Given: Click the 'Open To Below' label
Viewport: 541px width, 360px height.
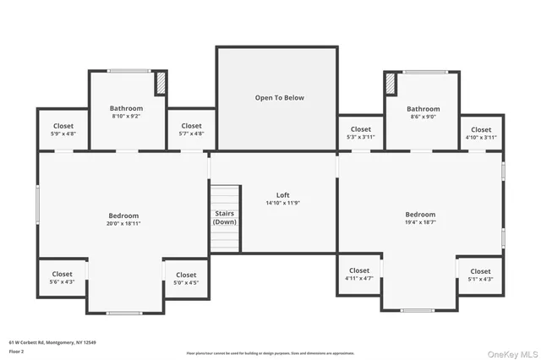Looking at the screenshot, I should [279, 98].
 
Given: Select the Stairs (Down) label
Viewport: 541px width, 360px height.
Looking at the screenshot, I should [225, 217].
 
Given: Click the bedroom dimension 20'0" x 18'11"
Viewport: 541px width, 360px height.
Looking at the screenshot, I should [123, 224].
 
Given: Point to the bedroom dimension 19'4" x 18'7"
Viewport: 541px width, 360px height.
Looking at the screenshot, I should [420, 223].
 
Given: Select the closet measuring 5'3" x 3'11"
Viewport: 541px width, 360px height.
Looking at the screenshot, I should [360, 133].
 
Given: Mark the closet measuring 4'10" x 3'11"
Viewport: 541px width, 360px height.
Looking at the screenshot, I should [481, 133].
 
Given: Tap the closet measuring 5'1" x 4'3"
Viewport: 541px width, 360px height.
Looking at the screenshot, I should [480, 275].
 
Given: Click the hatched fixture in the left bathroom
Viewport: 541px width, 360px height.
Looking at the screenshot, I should [161, 84].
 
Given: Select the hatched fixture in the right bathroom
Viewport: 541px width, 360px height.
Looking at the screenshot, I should [391, 85].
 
